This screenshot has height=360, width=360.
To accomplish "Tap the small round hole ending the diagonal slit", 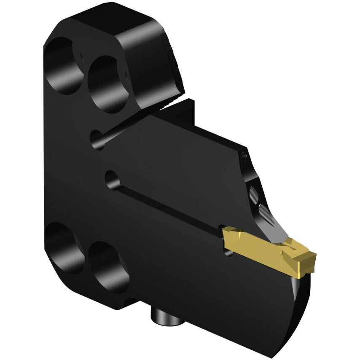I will tap(97, 139).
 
